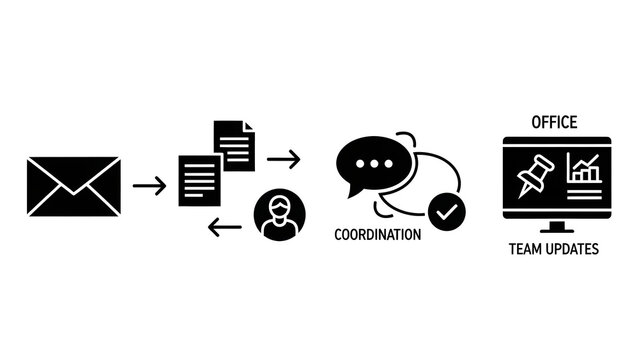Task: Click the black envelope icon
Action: [x=75, y=186]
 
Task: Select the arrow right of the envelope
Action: [x=150, y=185]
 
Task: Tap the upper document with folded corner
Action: [x=234, y=145]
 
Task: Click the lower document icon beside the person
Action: [x=200, y=179]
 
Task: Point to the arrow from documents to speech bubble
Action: [x=284, y=158]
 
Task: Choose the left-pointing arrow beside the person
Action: [x=224, y=228]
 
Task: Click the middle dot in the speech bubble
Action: [x=376, y=163]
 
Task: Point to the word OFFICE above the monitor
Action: [x=554, y=123]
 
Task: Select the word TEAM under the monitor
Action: [x=527, y=249]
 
